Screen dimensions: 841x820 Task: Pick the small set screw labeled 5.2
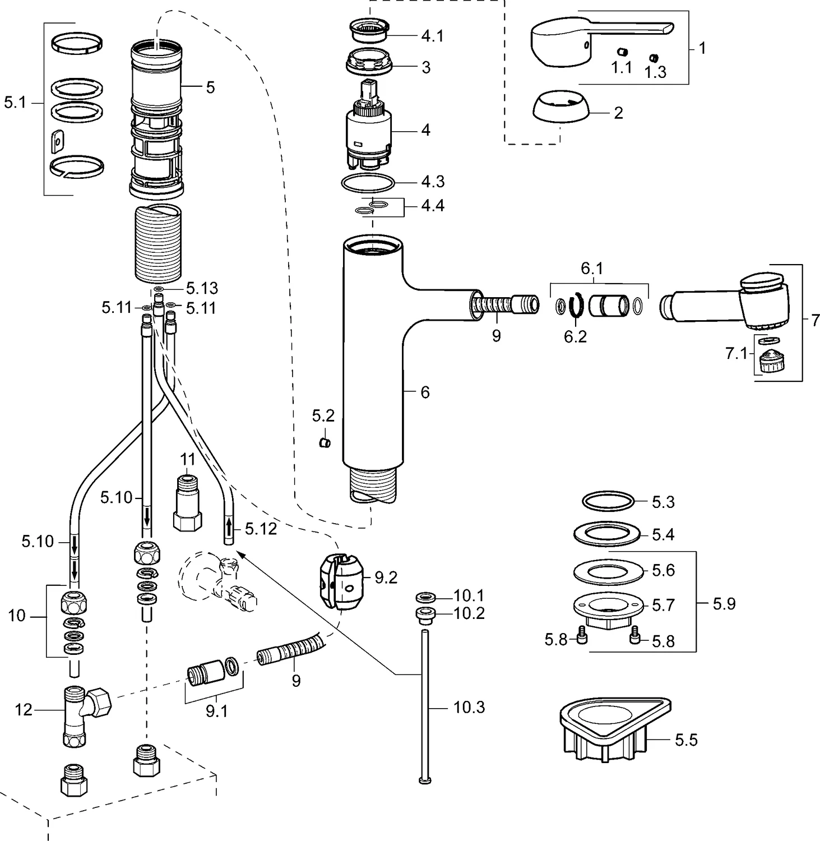point(325,443)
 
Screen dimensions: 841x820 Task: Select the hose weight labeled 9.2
point(341,580)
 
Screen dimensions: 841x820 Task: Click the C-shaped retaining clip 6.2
point(575,306)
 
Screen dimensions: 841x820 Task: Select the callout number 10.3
point(469,708)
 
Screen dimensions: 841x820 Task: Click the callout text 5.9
point(724,604)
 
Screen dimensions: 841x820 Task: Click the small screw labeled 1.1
point(621,53)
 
